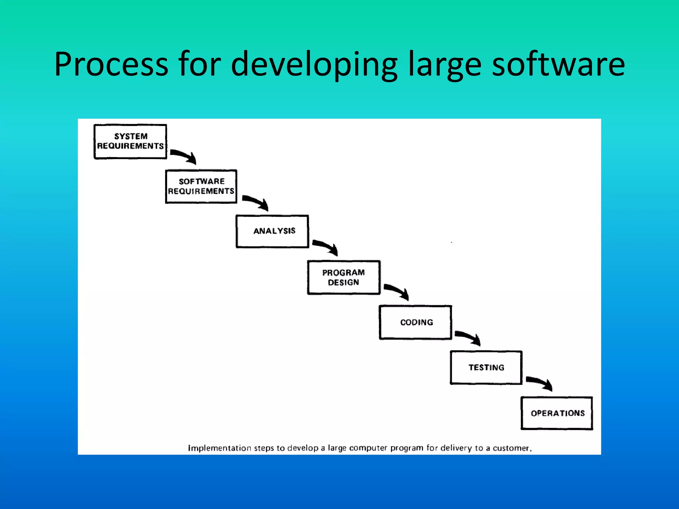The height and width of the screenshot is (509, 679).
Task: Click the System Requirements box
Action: pyautogui.click(x=130, y=141)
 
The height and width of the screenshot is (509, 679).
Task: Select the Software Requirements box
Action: pyautogui.click(x=201, y=186)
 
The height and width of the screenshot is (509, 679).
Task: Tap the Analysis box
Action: pyautogui.click(x=272, y=231)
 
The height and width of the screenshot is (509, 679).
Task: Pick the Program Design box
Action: pyautogui.click(x=343, y=277)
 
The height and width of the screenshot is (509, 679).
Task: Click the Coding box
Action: pyautogui.click(x=415, y=322)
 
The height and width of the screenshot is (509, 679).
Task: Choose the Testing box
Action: pyautogui.click(x=486, y=368)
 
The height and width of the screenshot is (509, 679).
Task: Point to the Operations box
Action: pyautogui.click(x=557, y=413)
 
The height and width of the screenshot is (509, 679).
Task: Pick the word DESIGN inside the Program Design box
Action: pyautogui.click(x=343, y=282)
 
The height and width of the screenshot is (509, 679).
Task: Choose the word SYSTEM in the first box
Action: pyautogui.click(x=131, y=136)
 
